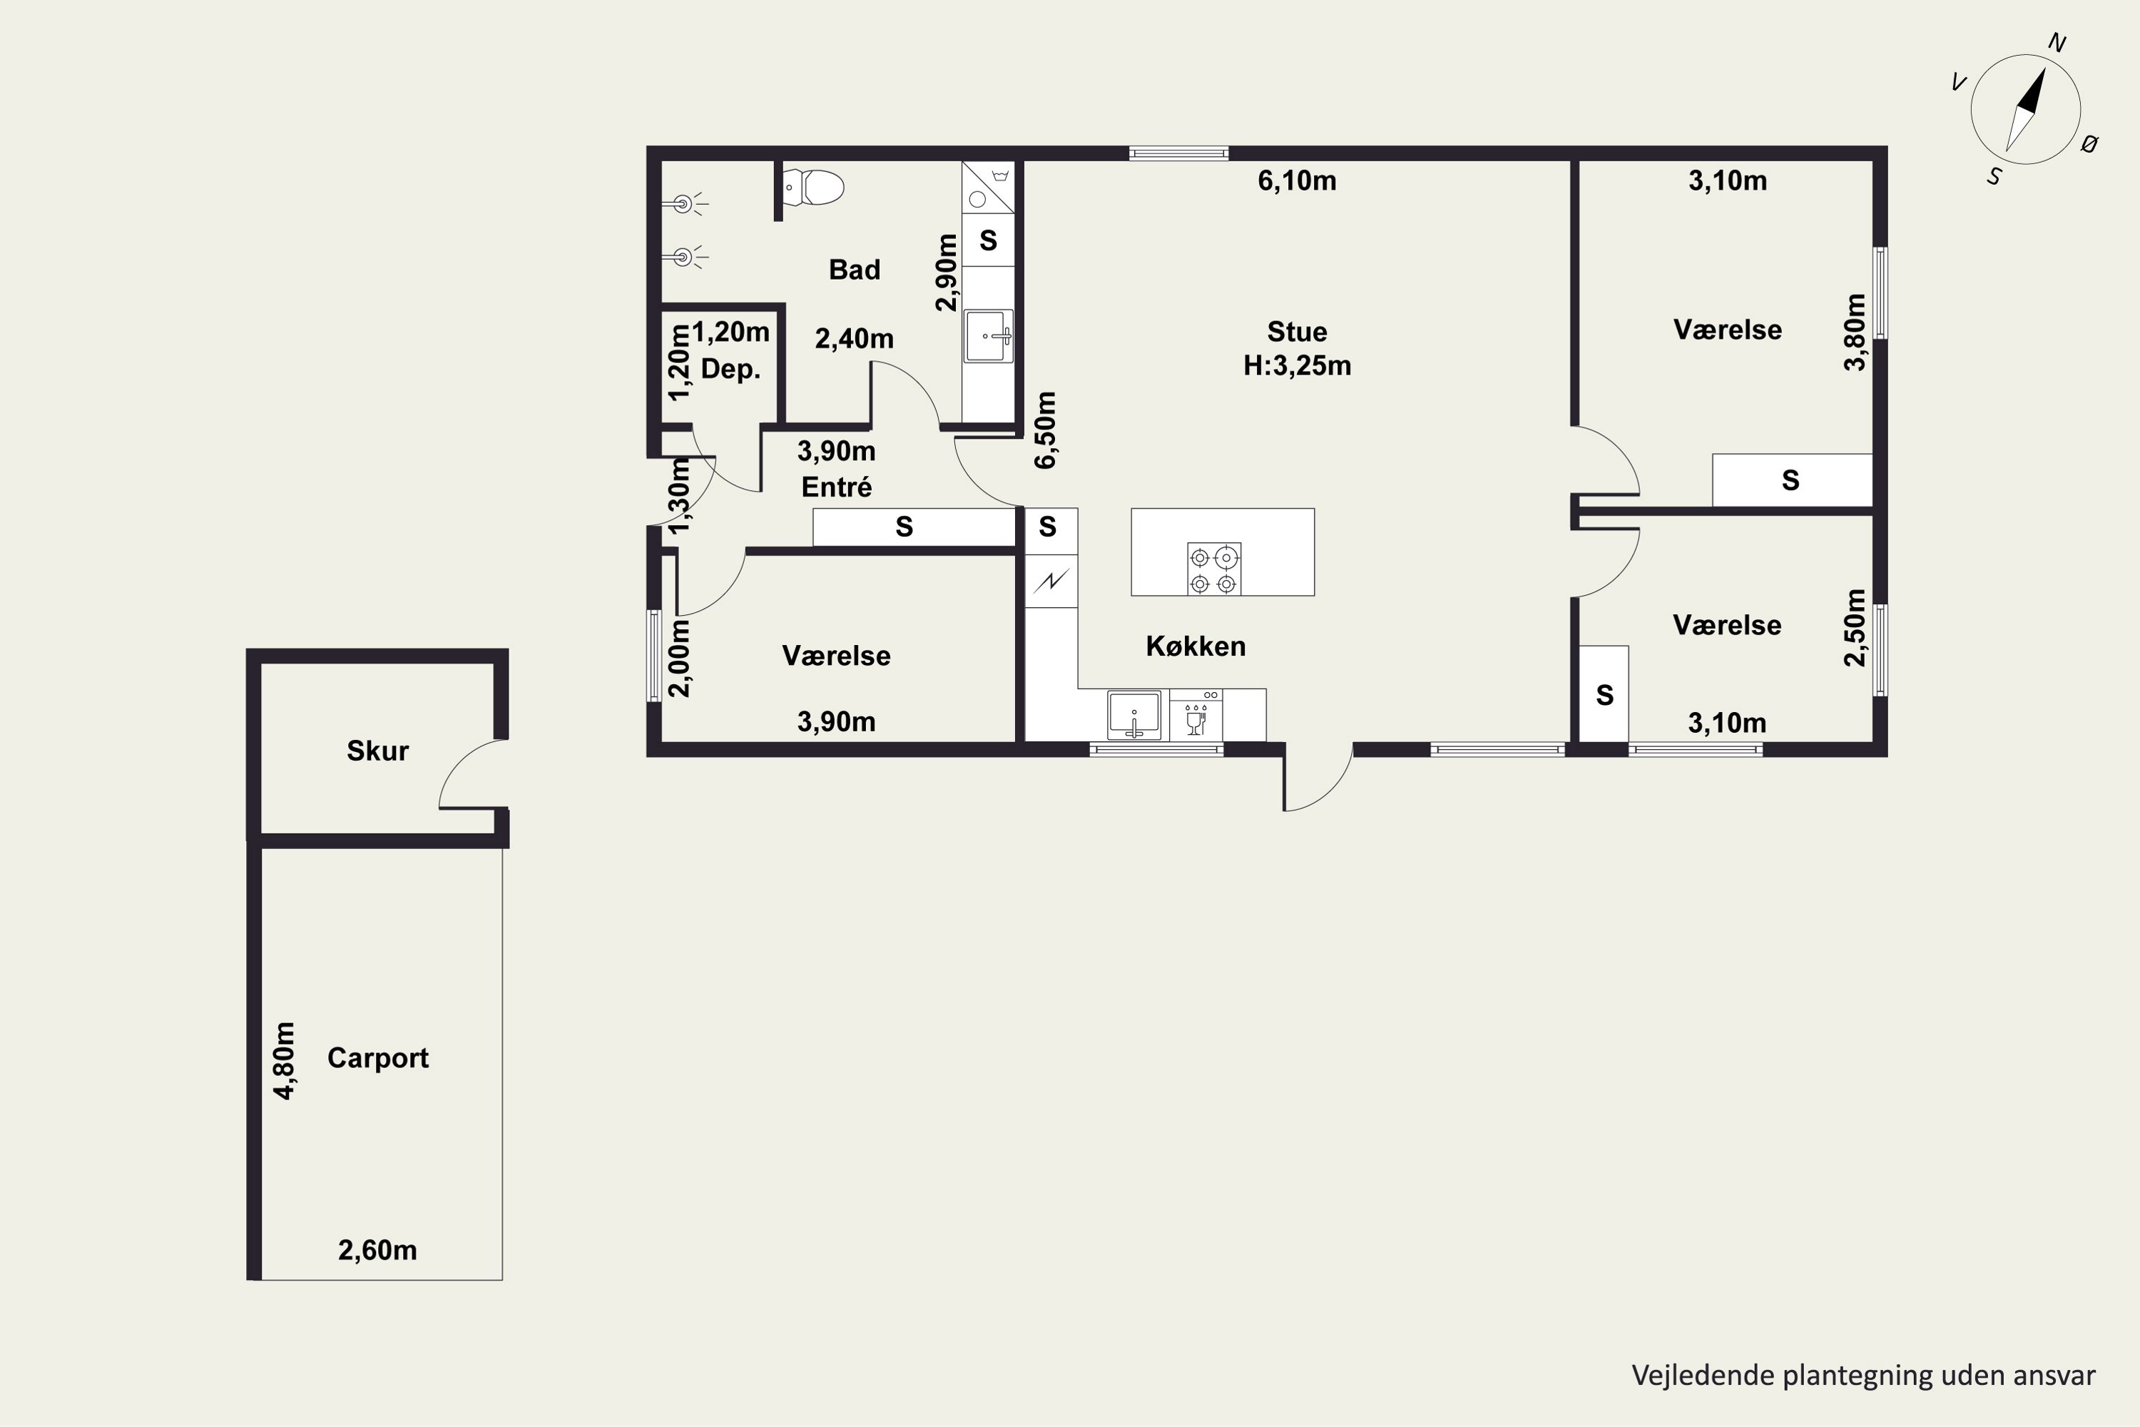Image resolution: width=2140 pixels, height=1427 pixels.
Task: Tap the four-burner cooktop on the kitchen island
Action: (x=1214, y=569)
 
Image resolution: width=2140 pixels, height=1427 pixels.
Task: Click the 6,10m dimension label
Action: (x=1297, y=181)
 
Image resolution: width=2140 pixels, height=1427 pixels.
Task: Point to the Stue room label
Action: (x=1297, y=331)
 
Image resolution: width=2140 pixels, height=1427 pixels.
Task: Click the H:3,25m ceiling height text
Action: (x=1297, y=366)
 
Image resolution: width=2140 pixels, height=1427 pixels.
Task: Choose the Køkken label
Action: (x=1196, y=646)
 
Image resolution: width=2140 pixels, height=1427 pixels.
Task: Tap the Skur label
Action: (x=377, y=751)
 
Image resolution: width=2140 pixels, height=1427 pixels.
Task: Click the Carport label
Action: (x=377, y=1057)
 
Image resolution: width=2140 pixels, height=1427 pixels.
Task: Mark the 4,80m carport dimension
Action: (x=285, y=1060)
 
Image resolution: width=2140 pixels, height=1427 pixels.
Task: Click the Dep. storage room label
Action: (x=730, y=370)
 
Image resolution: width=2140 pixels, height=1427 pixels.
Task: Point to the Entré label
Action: (x=836, y=487)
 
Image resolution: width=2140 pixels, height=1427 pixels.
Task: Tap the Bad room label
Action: (x=855, y=270)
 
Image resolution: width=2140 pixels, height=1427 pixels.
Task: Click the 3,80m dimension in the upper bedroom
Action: (x=1855, y=332)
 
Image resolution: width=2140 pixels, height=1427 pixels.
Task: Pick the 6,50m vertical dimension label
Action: (x=1046, y=430)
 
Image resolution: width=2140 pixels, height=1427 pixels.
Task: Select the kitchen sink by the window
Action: (x=1133, y=714)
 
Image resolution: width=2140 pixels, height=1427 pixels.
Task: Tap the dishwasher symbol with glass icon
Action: (x=1196, y=716)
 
